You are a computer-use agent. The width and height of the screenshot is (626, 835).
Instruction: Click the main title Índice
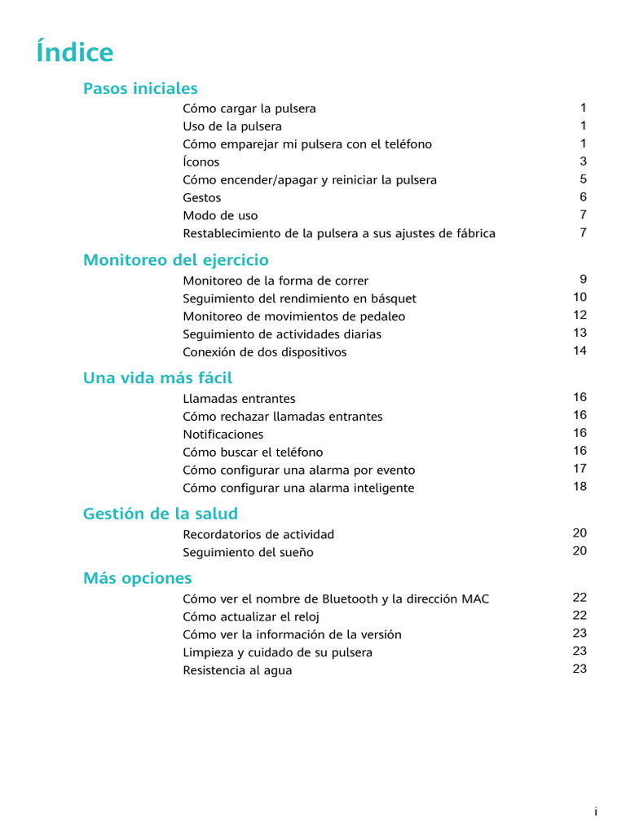(75, 53)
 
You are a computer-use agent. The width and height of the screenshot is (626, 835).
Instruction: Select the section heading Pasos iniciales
(140, 88)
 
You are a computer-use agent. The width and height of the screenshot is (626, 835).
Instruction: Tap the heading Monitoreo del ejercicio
(175, 260)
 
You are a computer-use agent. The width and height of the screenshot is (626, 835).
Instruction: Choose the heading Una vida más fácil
(157, 378)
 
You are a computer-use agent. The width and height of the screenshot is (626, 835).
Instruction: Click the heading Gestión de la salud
(161, 514)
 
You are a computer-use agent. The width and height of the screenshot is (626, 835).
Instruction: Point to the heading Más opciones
(137, 578)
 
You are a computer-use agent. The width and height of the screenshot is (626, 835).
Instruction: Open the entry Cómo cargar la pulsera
(249, 108)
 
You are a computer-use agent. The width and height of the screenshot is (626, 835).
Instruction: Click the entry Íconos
(201, 162)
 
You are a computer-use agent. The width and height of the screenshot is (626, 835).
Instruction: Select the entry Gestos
(202, 198)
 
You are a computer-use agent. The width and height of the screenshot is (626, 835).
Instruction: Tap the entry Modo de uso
(220, 216)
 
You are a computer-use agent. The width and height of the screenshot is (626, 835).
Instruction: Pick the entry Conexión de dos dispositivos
(265, 352)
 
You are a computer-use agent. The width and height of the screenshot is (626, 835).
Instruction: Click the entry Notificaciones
(223, 435)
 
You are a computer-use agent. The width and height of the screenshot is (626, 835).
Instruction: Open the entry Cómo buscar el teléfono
(253, 453)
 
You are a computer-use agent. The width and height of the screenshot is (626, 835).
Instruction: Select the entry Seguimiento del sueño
(248, 553)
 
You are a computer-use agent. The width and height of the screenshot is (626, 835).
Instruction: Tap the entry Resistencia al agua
(237, 671)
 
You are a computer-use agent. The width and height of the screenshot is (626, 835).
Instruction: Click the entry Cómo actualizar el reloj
(251, 617)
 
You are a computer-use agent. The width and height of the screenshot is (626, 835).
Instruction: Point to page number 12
(580, 316)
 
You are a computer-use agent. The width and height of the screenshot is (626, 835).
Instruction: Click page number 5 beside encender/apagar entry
(583, 179)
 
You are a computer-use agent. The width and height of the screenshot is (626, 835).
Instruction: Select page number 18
(580, 487)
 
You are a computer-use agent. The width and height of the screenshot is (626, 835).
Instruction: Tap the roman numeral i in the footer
(596, 812)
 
